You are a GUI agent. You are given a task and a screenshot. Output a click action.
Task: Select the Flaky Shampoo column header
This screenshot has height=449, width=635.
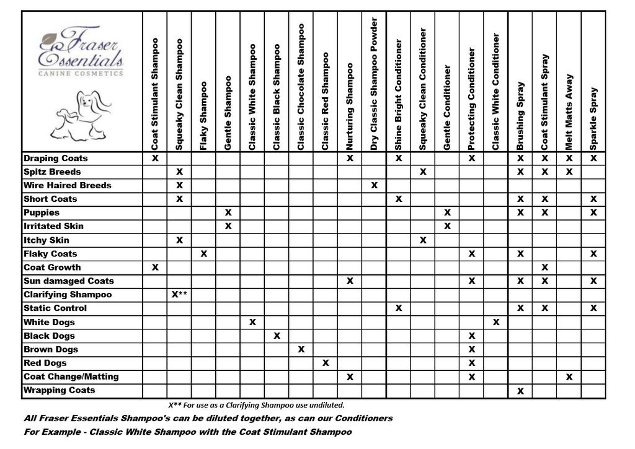(x=204, y=115)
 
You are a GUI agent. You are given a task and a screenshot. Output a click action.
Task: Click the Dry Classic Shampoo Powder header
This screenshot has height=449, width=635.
(x=374, y=84)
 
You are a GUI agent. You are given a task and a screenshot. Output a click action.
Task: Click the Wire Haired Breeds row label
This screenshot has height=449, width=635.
(x=68, y=185)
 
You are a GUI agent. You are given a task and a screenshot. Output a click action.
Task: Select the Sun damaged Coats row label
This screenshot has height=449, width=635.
(x=69, y=281)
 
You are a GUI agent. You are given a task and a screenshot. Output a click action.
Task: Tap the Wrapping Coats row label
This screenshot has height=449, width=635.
(x=60, y=390)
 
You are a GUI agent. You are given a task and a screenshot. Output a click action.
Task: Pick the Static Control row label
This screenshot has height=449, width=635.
(x=55, y=308)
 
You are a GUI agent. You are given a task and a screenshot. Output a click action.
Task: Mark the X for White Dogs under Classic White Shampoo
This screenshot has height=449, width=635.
(x=252, y=322)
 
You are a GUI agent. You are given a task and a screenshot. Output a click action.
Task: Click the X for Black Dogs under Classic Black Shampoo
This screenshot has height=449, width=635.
(x=277, y=336)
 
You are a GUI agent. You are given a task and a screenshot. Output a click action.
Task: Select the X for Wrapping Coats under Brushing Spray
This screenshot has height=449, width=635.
(x=520, y=391)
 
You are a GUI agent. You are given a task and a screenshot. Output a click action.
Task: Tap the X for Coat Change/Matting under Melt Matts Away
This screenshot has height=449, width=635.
(x=569, y=377)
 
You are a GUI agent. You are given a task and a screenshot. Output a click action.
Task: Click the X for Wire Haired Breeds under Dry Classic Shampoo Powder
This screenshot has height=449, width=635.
(x=374, y=185)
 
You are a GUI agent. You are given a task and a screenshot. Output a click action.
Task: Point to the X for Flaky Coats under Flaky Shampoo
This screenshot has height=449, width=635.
(x=204, y=254)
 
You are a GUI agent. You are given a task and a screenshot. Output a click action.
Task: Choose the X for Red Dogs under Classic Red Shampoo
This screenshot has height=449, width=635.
(x=326, y=363)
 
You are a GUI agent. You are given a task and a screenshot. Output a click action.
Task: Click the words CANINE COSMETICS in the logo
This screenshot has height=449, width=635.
(x=81, y=73)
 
